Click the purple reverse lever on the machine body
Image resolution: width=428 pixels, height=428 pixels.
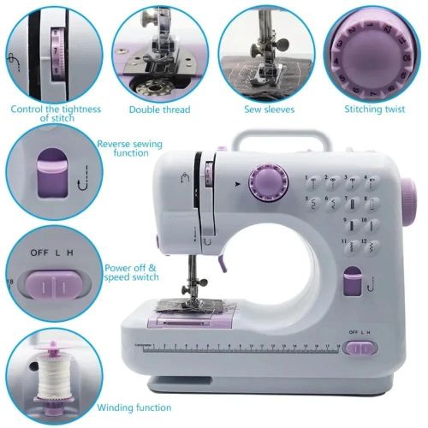(x=350, y=283)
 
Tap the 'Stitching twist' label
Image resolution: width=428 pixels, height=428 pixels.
(x=373, y=110)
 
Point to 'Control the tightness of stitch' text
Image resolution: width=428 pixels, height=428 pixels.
(x=56, y=114)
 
